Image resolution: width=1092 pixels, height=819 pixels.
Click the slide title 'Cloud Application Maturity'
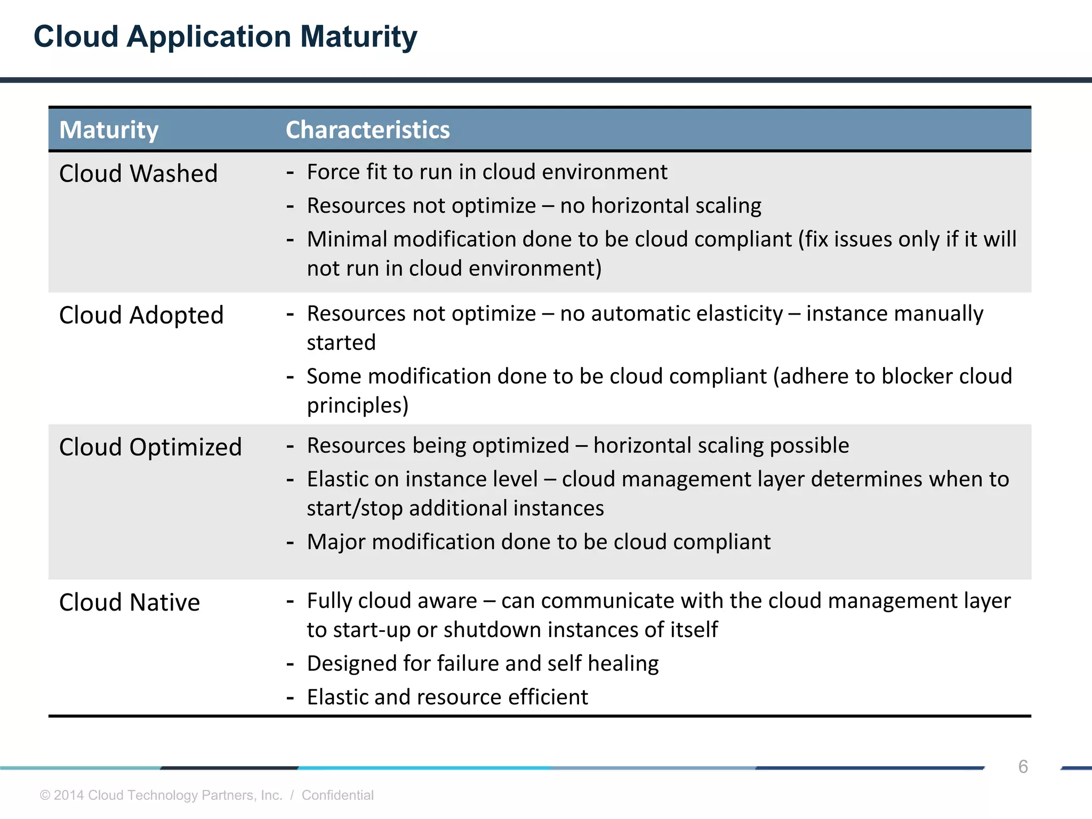pyautogui.click(x=225, y=37)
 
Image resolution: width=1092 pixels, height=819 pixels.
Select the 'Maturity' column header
pyautogui.click(x=109, y=130)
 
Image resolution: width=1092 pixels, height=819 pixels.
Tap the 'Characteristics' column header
pyautogui.click(x=367, y=130)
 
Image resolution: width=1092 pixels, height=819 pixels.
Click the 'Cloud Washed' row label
pyautogui.click(x=138, y=174)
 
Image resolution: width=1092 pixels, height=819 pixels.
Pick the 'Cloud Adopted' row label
pyautogui.click(x=141, y=315)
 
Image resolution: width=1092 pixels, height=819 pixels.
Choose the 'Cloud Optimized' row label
pyautogui.click(x=150, y=447)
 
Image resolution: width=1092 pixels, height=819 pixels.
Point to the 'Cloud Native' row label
pyautogui.click(x=130, y=603)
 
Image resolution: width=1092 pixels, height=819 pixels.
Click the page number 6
pyautogui.click(x=1023, y=767)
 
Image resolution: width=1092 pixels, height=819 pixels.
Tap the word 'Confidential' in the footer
pyautogui.click(x=338, y=795)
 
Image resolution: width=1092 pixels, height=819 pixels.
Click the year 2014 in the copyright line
pyautogui.click(x=69, y=795)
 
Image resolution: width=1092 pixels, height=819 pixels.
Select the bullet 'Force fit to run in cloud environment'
pyautogui.click(x=487, y=172)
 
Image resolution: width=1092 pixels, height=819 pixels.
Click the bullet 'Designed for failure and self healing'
pyautogui.click(x=483, y=664)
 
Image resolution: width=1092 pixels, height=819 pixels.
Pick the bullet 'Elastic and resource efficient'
pyautogui.click(x=447, y=697)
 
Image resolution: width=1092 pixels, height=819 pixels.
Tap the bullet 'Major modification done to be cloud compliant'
pyautogui.click(x=539, y=542)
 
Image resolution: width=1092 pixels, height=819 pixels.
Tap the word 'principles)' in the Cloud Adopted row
pyautogui.click(x=358, y=406)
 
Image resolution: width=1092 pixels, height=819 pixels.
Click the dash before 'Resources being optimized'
pyautogui.click(x=290, y=446)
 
